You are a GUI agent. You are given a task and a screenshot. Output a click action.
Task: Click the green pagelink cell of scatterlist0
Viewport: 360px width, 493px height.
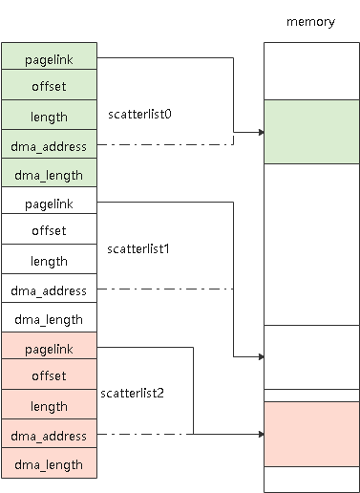click(49, 57)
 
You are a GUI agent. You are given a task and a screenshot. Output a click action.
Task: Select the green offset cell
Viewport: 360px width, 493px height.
click(49, 86)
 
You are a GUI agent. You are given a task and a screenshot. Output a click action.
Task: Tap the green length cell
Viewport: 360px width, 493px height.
click(49, 116)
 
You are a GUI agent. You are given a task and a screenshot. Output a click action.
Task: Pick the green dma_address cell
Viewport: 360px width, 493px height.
click(49, 145)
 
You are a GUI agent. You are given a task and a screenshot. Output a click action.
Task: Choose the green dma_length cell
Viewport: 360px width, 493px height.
click(49, 175)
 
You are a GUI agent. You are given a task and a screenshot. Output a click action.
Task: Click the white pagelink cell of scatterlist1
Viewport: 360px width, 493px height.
click(49, 203)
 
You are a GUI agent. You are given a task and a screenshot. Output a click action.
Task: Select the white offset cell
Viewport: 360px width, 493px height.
click(49, 230)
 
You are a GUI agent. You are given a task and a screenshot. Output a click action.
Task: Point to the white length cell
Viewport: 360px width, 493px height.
click(49, 260)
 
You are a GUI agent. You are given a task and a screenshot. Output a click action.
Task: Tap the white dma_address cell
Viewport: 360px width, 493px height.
click(49, 289)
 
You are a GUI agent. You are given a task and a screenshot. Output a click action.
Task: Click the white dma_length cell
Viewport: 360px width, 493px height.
click(49, 319)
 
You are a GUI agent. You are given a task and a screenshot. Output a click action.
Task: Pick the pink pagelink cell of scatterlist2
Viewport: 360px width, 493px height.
click(49, 348)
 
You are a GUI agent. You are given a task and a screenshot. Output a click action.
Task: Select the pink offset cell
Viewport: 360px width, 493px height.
click(49, 375)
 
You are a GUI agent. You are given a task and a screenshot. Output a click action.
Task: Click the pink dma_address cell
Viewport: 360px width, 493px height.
click(49, 435)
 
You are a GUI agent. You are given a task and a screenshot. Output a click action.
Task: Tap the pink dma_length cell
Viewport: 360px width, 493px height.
click(49, 464)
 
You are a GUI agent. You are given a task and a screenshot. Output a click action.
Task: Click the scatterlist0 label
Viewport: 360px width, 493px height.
click(139, 113)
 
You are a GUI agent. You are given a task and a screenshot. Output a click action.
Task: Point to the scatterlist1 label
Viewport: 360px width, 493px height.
click(138, 247)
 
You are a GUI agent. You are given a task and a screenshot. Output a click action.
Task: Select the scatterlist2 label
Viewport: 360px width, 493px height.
click(133, 393)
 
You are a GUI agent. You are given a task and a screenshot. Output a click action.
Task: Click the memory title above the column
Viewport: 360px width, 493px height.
click(310, 22)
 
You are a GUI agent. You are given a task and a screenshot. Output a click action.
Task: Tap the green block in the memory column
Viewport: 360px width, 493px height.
click(310, 132)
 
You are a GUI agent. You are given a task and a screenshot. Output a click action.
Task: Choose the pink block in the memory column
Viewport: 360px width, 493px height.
click(310, 433)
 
